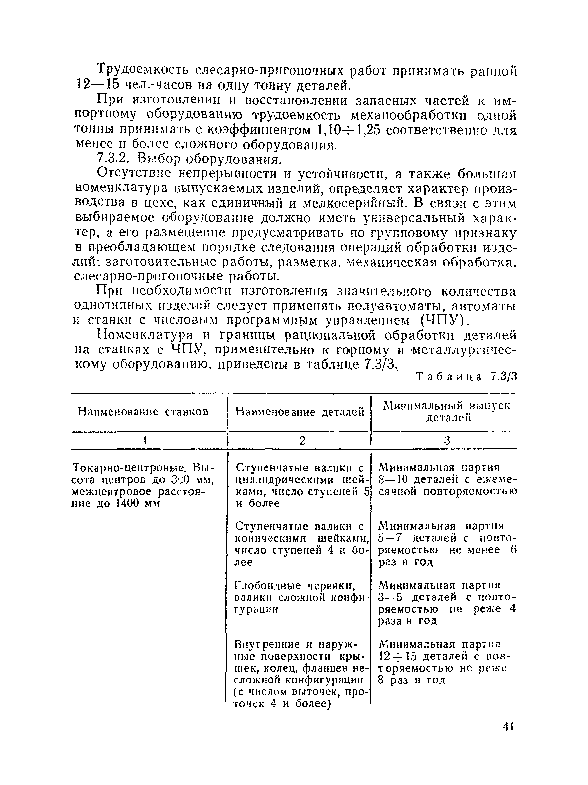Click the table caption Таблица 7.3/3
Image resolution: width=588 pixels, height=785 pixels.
[467, 377]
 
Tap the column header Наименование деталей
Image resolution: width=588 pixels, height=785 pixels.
[300, 412]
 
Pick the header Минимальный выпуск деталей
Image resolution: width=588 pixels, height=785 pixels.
[447, 412]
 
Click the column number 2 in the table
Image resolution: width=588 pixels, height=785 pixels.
[302, 441]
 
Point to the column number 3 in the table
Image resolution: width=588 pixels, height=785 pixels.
[447, 441]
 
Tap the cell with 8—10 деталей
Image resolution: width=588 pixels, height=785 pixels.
[447, 480]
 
